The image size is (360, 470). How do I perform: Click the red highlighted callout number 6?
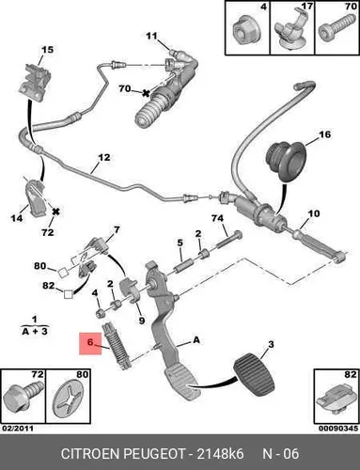(x=90, y=342)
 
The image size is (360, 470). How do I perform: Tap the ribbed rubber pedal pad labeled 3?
(x=254, y=375)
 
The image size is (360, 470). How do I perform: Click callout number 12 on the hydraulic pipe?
(x=104, y=157)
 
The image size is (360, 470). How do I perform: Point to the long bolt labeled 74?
(x=229, y=239)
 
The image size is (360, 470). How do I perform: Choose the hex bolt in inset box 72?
(x=23, y=396)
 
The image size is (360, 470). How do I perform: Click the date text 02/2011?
(x=17, y=429)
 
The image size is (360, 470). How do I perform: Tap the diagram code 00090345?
(x=338, y=429)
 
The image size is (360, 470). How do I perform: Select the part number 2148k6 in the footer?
(x=220, y=454)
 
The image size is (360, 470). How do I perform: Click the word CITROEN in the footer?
(x=90, y=454)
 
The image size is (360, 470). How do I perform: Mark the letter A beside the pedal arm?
(x=196, y=340)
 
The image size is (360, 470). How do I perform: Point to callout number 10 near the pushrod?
(x=314, y=213)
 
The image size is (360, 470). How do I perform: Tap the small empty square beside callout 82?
(x=69, y=294)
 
